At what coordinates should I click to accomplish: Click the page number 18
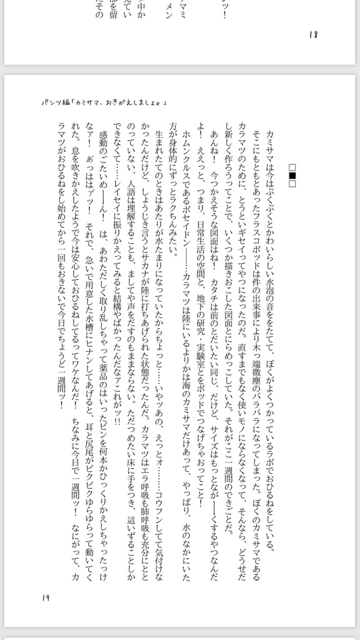313,34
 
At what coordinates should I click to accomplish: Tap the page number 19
46,598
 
